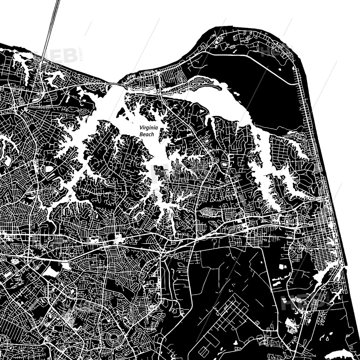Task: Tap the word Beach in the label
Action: (147, 134)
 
